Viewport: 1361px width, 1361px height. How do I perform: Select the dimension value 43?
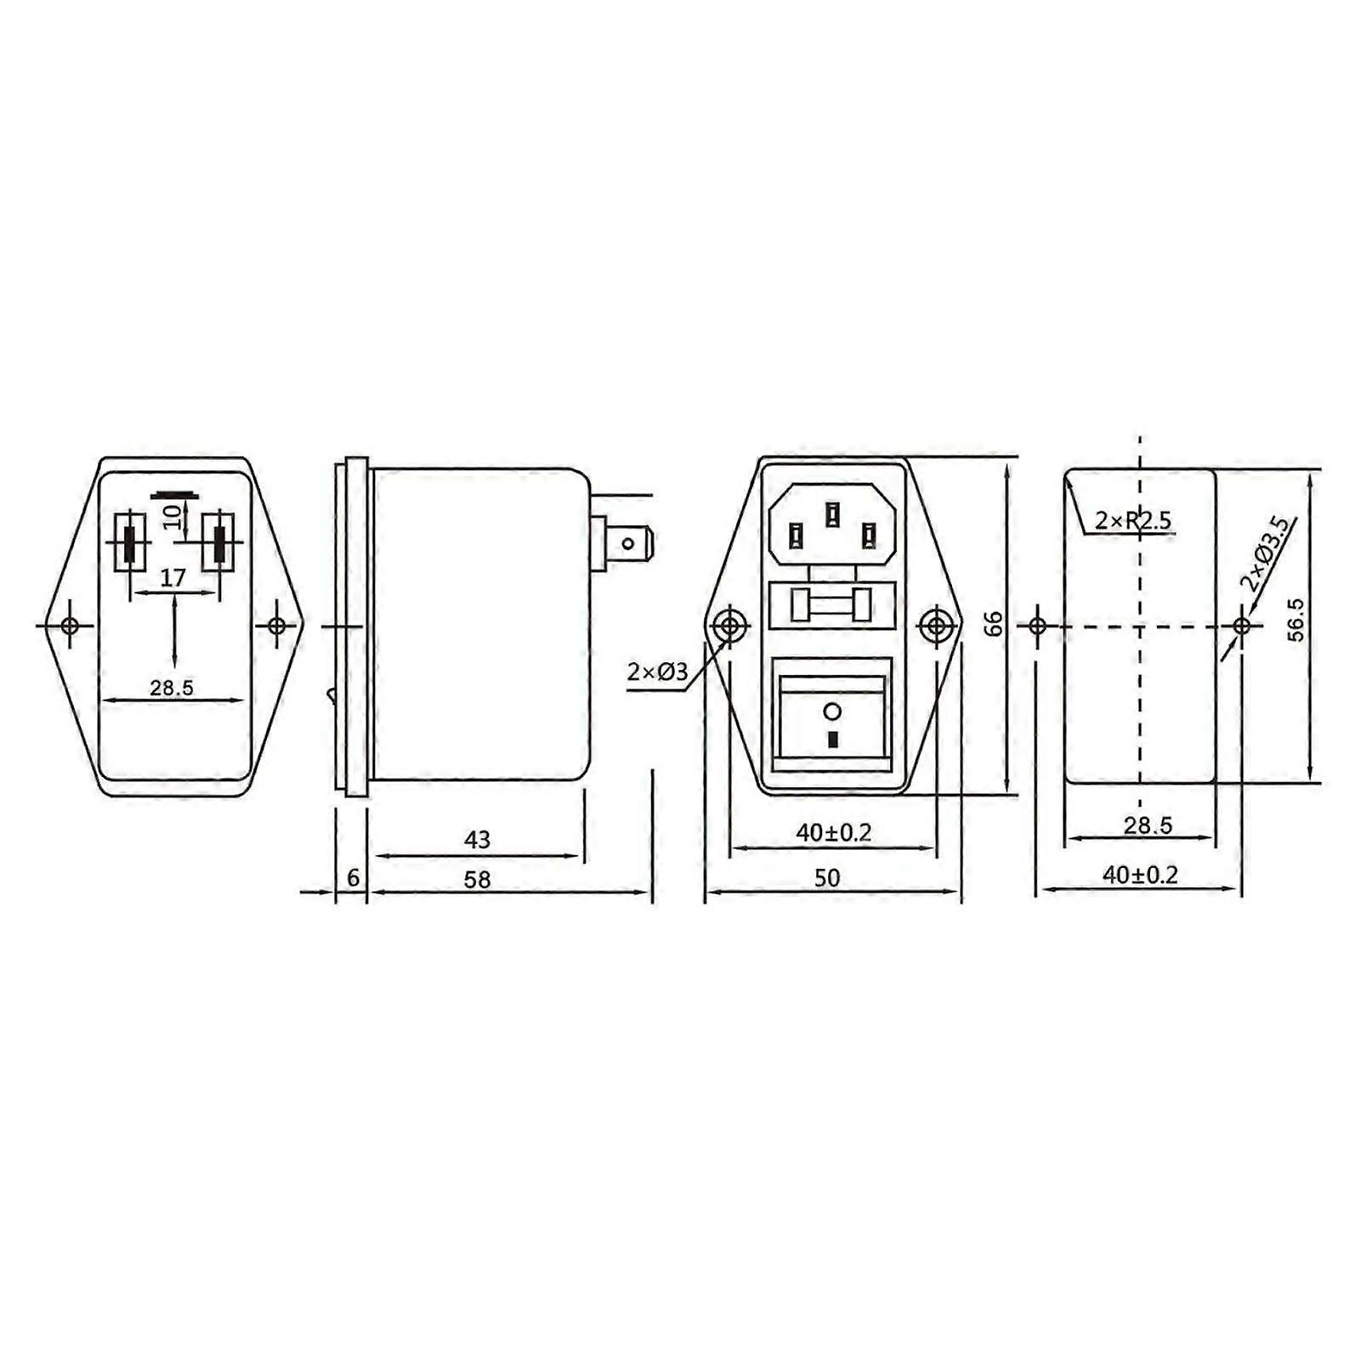pyautogui.click(x=477, y=840)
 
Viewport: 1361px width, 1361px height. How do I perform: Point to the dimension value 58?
pyautogui.click(x=477, y=879)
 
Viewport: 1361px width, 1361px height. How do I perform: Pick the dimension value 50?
pyautogui.click(x=826, y=877)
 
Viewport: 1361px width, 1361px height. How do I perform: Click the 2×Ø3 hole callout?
pyautogui.click(x=657, y=672)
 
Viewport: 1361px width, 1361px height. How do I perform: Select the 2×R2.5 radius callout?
pyautogui.click(x=1132, y=519)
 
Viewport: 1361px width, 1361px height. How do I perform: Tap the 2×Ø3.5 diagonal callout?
pyautogui.click(x=1267, y=553)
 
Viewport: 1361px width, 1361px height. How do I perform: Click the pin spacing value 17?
pyautogui.click(x=173, y=578)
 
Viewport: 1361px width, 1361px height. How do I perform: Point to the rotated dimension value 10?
pyautogui.click(x=173, y=515)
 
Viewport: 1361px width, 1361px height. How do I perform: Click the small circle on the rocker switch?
pyautogui.click(x=832, y=711)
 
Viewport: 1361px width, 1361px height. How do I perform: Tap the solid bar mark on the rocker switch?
pyautogui.click(x=832, y=740)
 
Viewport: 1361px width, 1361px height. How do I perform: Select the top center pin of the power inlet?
pyautogui.click(x=832, y=513)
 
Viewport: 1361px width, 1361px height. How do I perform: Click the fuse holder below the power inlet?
pyautogui.click(x=831, y=605)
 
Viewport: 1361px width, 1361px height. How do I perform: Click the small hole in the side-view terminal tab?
pyautogui.click(x=628, y=542)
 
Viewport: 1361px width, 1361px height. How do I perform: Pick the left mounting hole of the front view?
pyautogui.click(x=728, y=627)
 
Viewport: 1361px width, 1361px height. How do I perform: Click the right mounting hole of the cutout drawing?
pyautogui.click(x=1241, y=627)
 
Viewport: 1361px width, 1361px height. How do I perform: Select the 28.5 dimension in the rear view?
pyautogui.click(x=172, y=687)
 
